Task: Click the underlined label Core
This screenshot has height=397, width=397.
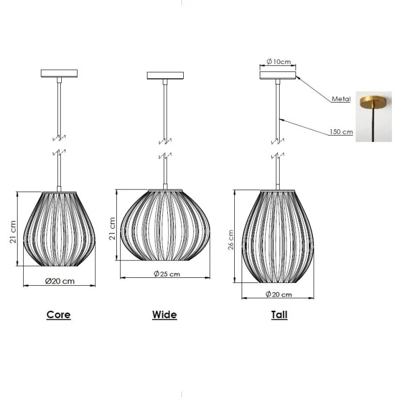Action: [x=58, y=315]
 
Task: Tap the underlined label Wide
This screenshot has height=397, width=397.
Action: [x=164, y=315]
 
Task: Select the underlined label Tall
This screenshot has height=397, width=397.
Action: [x=279, y=315]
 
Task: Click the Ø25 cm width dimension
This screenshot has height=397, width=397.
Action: [x=167, y=274]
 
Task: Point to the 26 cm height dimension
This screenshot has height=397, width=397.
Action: [x=231, y=239]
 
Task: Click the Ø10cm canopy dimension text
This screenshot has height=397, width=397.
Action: [x=278, y=61]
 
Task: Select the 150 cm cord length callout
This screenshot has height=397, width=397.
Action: [x=341, y=132]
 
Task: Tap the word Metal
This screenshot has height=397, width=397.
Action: [x=341, y=99]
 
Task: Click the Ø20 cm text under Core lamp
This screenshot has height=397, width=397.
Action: [x=60, y=281]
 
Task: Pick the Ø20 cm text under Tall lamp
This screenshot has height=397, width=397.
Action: [x=278, y=294]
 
